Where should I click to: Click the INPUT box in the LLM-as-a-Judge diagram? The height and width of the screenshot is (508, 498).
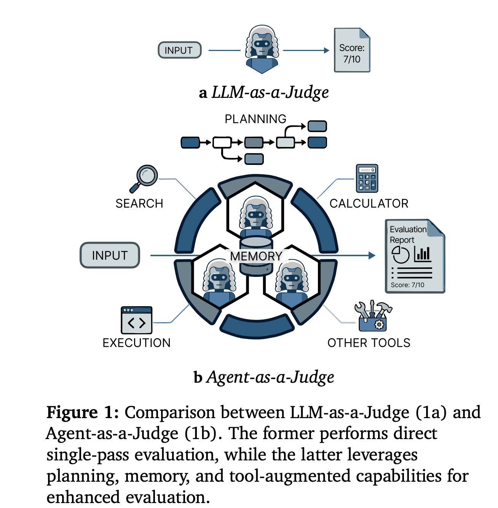179,50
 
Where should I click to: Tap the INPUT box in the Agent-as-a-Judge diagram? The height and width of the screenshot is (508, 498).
110,255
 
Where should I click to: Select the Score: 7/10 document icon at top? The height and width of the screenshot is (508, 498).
352,50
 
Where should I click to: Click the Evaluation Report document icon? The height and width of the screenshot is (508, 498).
415,256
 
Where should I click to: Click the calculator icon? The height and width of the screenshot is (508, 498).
367,178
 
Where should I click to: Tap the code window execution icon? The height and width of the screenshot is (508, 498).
136,320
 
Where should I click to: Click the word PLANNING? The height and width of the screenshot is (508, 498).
255,119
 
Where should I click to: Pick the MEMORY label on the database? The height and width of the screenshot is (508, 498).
256,256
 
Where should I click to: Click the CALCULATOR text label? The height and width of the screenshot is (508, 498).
369,204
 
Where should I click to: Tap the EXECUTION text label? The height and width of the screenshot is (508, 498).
136,343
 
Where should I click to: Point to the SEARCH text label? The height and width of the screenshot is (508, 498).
139,204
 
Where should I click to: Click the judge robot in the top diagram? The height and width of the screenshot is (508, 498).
262,50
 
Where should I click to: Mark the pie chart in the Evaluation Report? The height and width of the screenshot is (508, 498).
401,254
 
